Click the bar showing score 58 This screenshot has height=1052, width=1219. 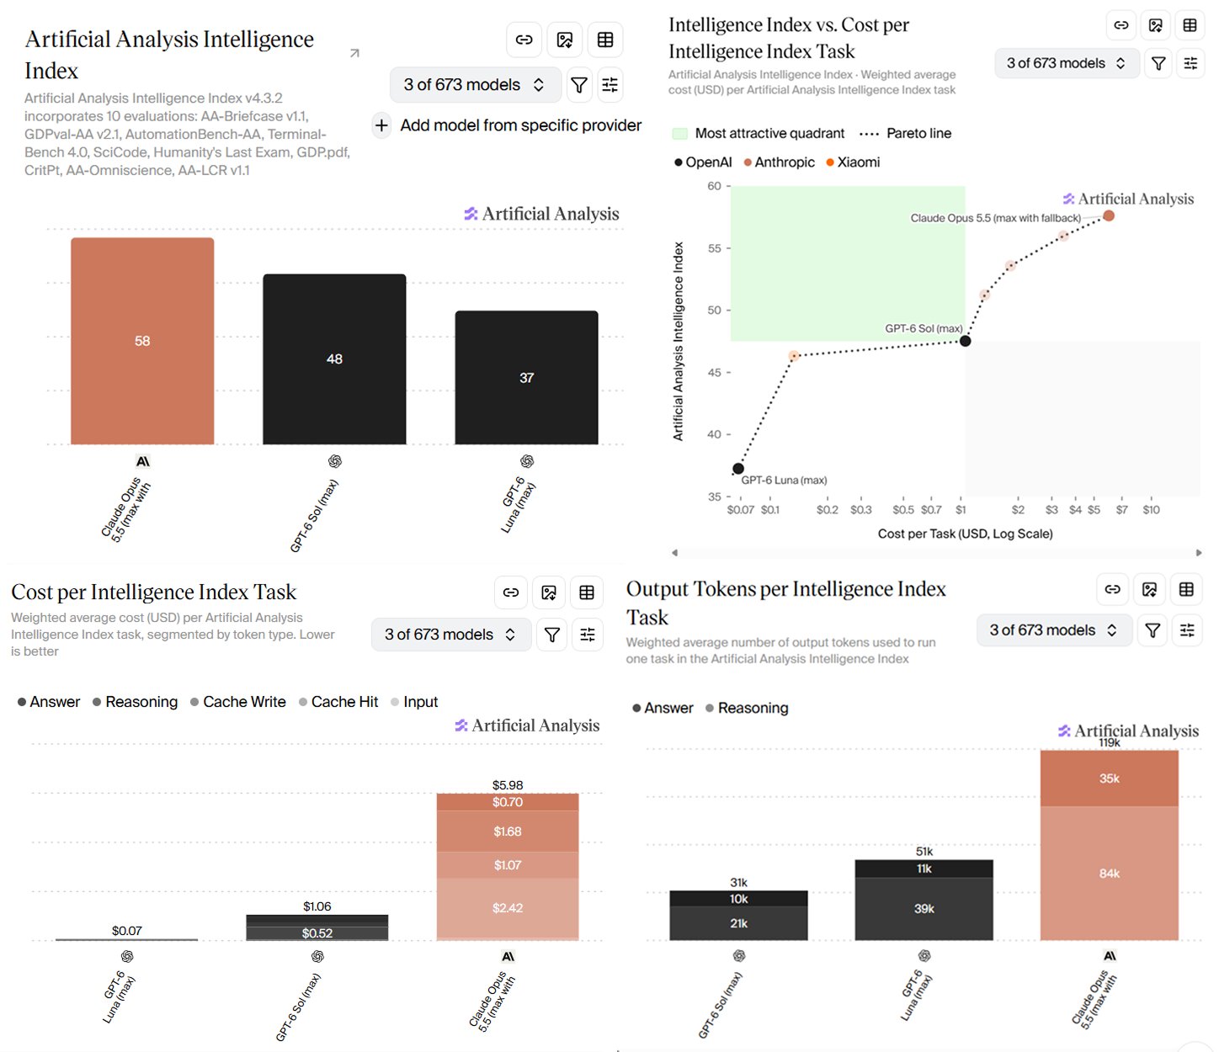click(142, 340)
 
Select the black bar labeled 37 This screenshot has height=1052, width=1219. click(526, 377)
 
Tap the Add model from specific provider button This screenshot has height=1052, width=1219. click(507, 125)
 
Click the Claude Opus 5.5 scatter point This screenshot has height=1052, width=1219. click(1108, 215)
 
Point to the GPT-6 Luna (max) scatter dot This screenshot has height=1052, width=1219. click(737, 468)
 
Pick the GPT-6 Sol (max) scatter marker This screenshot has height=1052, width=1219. click(965, 341)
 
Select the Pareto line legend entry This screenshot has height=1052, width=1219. click(905, 133)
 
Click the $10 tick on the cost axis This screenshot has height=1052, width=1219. click(1151, 509)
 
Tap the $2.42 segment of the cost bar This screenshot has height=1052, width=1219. click(507, 907)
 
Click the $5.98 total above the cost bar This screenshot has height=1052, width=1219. click(507, 785)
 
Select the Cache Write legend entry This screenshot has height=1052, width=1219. click(238, 702)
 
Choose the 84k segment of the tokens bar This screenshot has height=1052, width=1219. click(1109, 873)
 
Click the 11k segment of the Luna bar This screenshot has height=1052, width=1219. click(924, 869)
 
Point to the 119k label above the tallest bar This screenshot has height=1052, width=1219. click(1109, 743)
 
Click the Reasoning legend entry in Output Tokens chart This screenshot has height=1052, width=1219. click(747, 708)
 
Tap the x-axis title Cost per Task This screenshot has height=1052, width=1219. click(965, 534)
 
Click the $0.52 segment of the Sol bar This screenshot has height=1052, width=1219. click(317, 932)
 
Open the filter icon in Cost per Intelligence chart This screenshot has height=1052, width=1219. click(551, 635)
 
